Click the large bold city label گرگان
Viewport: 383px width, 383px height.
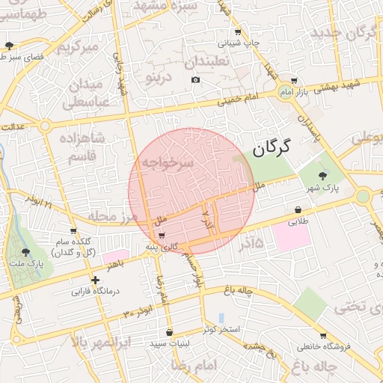click(271, 149)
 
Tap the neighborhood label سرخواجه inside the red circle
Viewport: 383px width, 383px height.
click(164, 162)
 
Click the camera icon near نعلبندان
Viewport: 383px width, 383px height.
click(195, 79)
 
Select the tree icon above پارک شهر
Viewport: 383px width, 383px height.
click(322, 175)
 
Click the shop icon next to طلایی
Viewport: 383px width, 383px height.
click(299, 209)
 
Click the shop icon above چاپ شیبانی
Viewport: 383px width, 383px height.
click(238, 31)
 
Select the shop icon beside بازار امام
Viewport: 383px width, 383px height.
click(294, 81)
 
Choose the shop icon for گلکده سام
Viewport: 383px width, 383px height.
click(73, 230)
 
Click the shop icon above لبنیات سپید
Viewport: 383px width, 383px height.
click(169, 332)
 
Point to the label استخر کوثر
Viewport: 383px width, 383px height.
click(220, 330)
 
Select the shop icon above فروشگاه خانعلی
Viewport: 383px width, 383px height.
click(322, 335)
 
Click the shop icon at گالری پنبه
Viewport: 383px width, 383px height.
click(161, 236)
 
